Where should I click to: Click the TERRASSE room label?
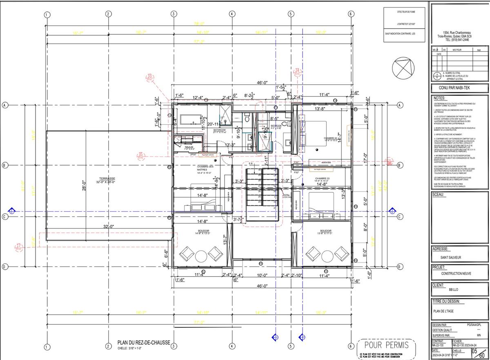tap(106, 179)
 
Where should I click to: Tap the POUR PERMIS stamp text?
tap(386, 345)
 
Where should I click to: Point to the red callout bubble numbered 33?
tap(150, 76)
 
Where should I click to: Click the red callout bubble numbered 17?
tap(18, 246)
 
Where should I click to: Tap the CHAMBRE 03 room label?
tap(323, 179)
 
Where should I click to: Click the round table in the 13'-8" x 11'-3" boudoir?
tap(326, 255)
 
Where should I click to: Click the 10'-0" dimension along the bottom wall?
tap(262, 275)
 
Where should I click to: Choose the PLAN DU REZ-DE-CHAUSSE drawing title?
tap(143, 343)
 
